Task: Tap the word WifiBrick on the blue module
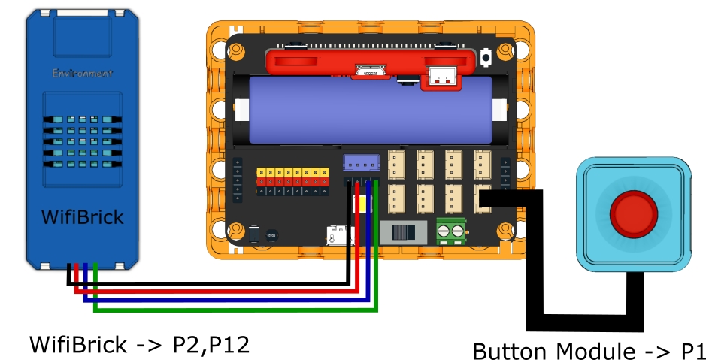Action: click(82, 219)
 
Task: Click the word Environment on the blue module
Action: click(82, 74)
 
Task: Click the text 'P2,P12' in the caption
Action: click(211, 345)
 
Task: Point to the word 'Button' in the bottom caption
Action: click(511, 351)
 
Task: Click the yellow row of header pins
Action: click(293, 172)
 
